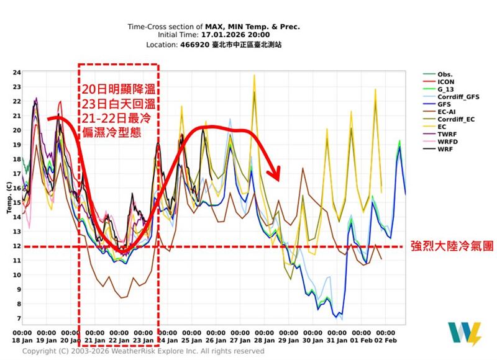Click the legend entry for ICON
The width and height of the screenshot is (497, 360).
445,81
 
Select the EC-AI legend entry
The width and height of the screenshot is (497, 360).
447,112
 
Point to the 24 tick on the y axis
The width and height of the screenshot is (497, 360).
17,72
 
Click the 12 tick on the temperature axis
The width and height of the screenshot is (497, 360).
17,246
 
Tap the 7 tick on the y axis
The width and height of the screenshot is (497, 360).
17,318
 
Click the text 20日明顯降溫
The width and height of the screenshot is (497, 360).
118,90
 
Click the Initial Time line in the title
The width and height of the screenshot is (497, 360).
213,36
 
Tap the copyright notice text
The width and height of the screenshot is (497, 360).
143,351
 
